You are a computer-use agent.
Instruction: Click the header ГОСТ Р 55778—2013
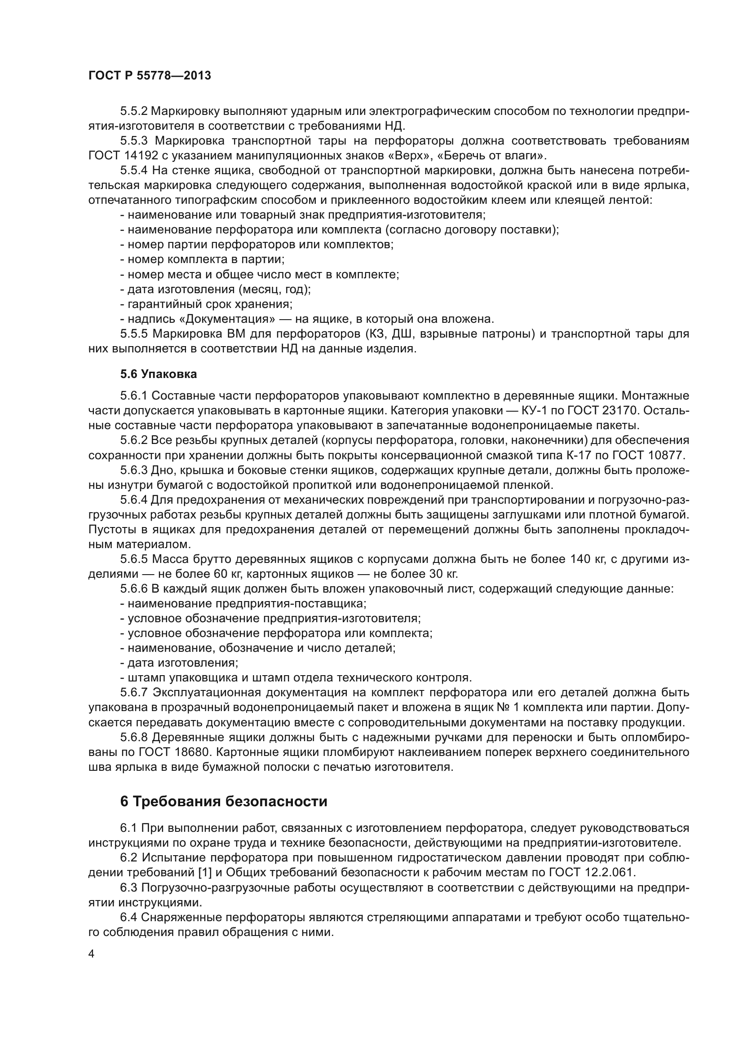point(150,76)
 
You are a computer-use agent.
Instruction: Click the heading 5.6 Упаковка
point(158,374)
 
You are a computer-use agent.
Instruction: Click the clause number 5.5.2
point(133,111)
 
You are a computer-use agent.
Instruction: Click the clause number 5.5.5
point(134,334)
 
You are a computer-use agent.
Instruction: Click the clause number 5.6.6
point(133,589)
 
